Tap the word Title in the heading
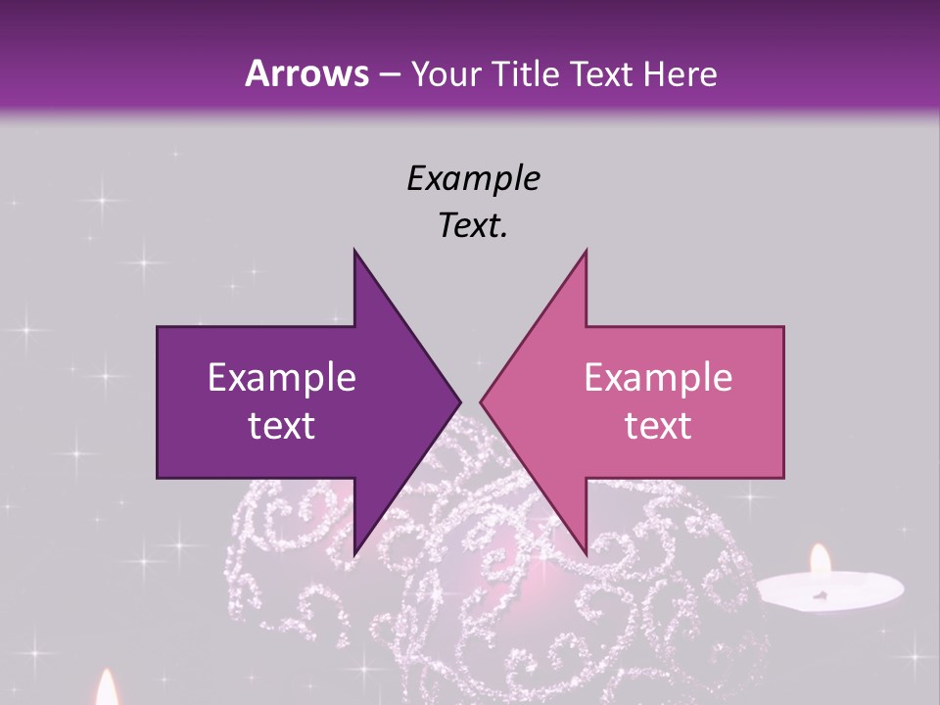(526, 73)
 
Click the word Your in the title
(446, 73)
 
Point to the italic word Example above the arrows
(473, 178)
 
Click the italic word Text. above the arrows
(473, 226)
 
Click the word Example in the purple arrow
(282, 378)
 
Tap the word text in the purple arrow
(282, 426)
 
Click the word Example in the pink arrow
(658, 378)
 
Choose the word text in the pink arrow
(658, 426)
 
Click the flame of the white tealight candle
(820, 561)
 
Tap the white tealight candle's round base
(829, 590)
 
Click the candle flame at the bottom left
(106, 688)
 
